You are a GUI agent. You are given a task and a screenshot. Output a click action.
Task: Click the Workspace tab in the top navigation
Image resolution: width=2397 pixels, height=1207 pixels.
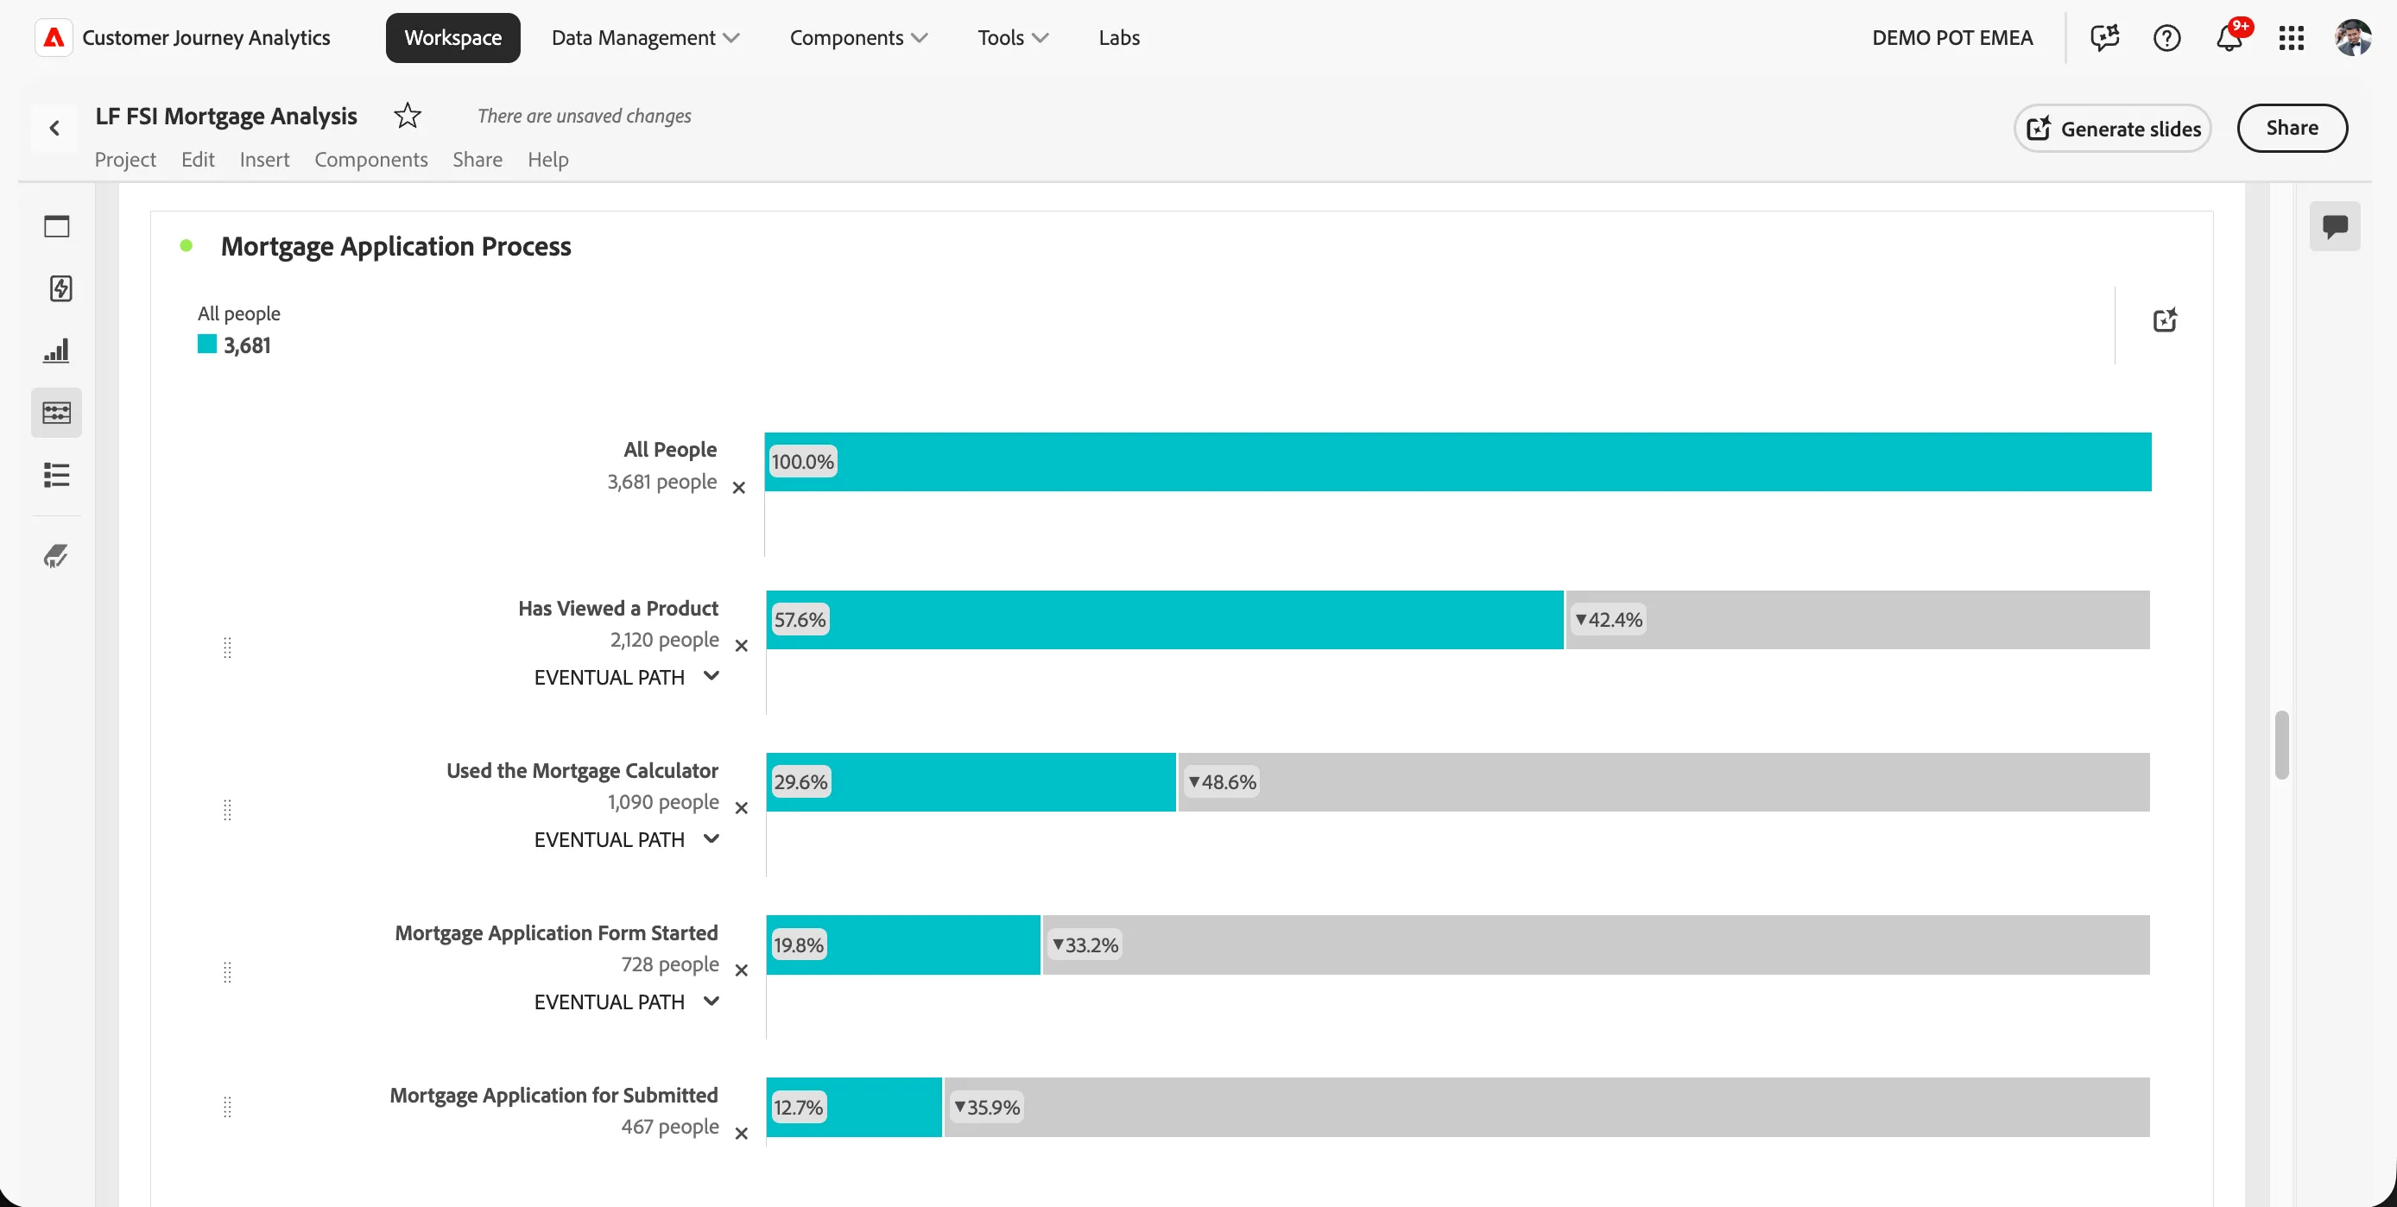click(x=452, y=37)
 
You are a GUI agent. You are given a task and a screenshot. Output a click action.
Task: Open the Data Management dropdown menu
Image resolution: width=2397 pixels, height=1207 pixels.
click(x=645, y=37)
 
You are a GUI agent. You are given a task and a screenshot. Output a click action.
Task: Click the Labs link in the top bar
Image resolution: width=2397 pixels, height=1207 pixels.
click(x=1118, y=37)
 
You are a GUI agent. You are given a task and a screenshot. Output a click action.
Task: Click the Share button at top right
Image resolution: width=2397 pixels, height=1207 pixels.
click(x=2291, y=128)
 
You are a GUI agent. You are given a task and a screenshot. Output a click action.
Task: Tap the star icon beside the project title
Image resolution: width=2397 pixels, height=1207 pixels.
click(x=408, y=116)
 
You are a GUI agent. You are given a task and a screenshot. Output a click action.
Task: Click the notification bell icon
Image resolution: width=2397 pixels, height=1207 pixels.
click(x=2229, y=38)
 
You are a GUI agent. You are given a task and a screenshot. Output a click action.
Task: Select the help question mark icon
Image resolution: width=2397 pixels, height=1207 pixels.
click(x=2166, y=38)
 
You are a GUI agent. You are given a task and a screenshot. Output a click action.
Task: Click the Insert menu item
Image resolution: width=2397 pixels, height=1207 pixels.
click(x=264, y=159)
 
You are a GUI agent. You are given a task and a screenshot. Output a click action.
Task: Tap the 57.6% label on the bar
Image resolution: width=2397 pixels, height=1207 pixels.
click(x=800, y=620)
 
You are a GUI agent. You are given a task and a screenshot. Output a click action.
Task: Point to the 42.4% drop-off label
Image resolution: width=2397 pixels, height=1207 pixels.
click(x=1608, y=620)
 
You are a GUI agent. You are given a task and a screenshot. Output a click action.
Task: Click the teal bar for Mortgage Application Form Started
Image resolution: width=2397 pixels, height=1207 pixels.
click(x=903, y=945)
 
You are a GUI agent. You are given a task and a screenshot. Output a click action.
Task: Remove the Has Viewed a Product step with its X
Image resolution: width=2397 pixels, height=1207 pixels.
click(x=742, y=646)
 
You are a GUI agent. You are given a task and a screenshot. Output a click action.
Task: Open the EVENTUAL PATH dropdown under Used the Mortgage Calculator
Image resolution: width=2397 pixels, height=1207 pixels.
click(x=626, y=839)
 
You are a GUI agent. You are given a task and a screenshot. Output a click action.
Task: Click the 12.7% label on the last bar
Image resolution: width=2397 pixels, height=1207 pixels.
click(x=799, y=1108)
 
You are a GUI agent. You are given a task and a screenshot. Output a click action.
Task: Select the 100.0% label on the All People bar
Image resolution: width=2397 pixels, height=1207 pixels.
click(x=802, y=462)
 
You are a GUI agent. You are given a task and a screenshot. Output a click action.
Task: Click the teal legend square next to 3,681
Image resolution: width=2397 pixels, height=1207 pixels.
click(x=206, y=344)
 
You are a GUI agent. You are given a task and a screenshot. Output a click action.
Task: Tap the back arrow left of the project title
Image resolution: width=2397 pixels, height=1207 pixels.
click(x=55, y=129)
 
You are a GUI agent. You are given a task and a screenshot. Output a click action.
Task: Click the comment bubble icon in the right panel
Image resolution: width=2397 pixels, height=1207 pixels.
click(x=2334, y=227)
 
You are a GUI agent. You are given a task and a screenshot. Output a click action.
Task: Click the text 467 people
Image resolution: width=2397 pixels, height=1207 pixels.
click(x=670, y=1127)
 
